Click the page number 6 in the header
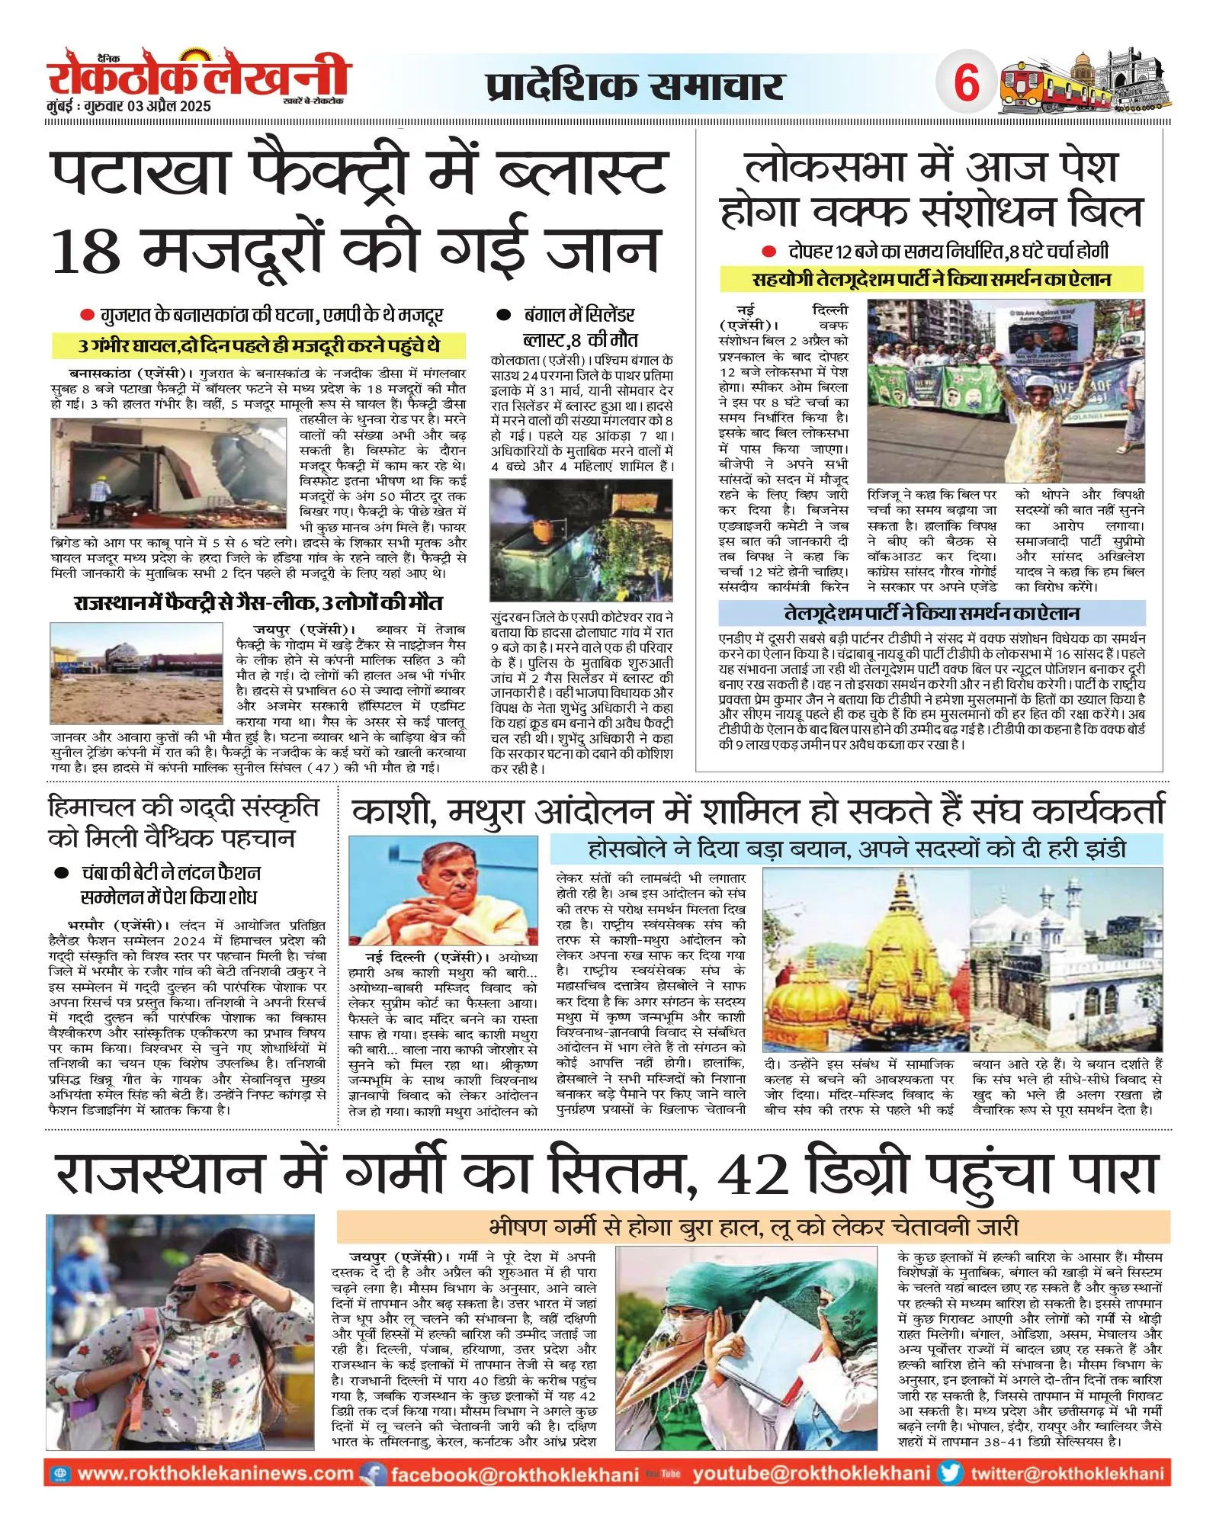coord(966,82)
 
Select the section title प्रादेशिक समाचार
coord(634,85)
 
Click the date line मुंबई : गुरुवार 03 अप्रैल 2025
coord(129,107)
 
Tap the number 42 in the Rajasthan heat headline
coord(753,1175)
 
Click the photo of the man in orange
coord(443,891)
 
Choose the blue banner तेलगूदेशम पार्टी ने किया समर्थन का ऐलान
coord(932,613)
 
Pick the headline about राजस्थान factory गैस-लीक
coord(258,603)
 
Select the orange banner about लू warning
coord(752,1227)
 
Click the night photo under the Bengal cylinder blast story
coord(581,540)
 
